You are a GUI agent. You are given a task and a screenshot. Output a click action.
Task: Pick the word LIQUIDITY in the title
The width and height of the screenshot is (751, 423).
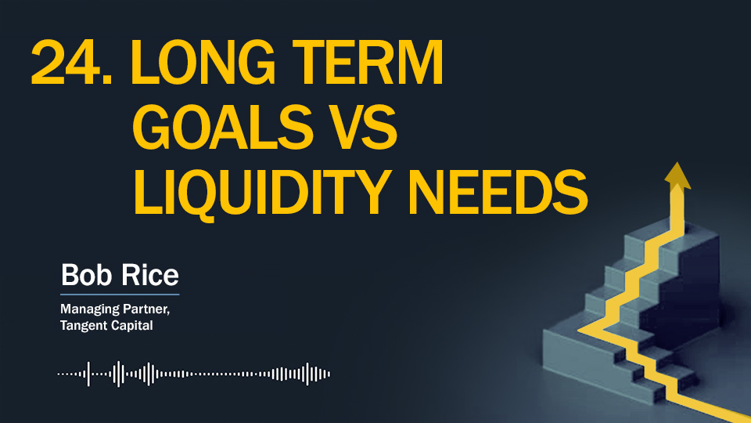[261, 193]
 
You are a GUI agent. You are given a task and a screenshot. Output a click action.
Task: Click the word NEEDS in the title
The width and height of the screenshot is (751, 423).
[498, 192]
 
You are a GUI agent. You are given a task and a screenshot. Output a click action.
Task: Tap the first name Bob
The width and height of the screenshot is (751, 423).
[87, 275]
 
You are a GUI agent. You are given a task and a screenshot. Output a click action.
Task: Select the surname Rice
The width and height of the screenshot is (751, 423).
[149, 275]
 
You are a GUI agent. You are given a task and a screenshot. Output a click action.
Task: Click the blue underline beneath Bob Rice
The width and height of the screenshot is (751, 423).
[120, 294]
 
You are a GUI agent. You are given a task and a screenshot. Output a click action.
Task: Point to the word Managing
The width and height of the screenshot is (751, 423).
[89, 310]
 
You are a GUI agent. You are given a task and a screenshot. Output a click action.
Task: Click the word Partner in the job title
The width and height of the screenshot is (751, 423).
[146, 309]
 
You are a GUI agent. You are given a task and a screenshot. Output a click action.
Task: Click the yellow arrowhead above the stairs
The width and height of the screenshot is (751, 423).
[677, 176]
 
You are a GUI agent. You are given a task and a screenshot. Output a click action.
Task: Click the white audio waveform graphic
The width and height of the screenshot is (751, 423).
[193, 374]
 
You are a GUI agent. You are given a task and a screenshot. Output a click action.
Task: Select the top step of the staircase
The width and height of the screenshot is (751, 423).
[686, 230]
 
